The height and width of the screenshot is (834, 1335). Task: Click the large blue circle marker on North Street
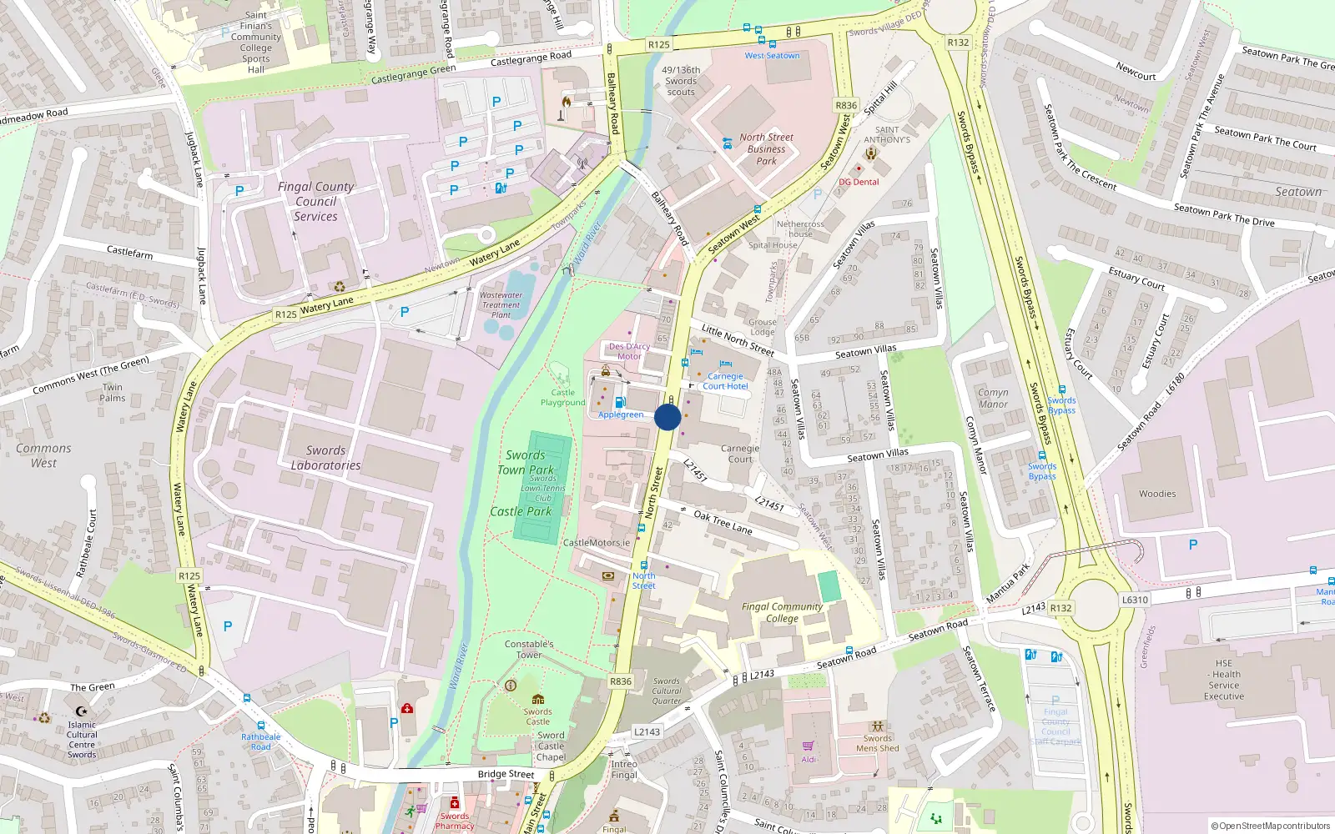click(667, 417)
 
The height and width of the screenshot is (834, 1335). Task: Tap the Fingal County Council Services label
click(315, 202)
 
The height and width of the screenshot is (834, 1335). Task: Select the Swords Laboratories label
click(325, 458)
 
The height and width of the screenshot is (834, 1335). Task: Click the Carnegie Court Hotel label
click(725, 381)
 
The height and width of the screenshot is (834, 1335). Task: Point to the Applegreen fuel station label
click(621, 414)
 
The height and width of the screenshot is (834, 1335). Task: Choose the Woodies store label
click(1157, 494)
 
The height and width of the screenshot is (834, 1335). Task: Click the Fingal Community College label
click(782, 612)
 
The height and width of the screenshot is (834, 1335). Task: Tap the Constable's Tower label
click(529, 649)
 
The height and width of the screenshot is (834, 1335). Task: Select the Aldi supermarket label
click(809, 759)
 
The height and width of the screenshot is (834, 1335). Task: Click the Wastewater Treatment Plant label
click(501, 304)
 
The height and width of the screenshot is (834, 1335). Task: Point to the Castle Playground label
click(562, 398)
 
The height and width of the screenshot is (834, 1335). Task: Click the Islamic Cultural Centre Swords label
click(82, 740)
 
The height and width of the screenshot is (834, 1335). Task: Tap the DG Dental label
click(859, 182)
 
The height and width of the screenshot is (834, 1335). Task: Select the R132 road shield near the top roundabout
click(958, 43)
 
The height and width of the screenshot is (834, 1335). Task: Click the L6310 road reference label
click(1135, 600)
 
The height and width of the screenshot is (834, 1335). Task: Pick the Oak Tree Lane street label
click(723, 523)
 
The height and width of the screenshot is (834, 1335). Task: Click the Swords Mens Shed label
click(878, 743)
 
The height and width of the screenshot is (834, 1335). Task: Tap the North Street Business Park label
click(766, 149)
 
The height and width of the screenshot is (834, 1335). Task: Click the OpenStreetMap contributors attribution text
click(1270, 826)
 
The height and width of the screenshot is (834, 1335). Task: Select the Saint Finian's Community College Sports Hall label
click(256, 42)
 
